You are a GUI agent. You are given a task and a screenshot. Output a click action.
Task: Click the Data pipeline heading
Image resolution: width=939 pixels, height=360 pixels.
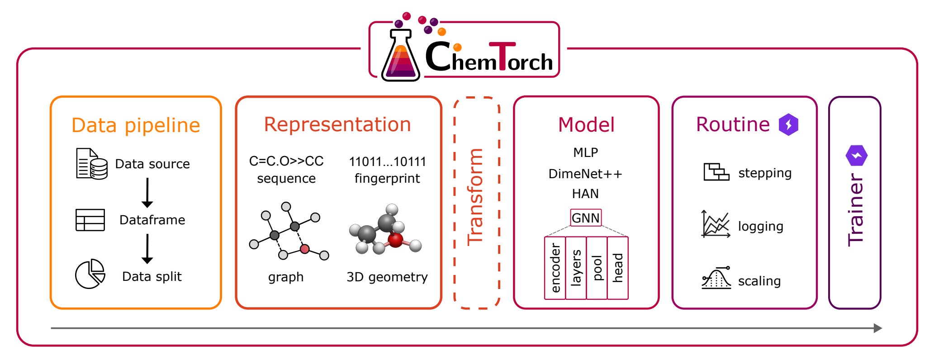(x=136, y=125)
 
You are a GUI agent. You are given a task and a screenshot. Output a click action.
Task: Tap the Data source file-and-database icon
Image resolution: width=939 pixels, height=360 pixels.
(x=91, y=164)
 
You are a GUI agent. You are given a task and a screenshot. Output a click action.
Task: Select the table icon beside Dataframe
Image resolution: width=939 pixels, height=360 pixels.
(x=90, y=220)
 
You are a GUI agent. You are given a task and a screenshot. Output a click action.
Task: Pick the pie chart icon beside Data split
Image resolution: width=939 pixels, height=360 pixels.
(x=90, y=274)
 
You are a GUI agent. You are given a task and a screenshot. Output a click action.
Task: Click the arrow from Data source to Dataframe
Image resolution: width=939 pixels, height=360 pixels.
(x=147, y=193)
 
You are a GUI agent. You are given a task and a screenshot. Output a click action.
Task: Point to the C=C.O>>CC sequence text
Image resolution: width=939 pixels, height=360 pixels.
(x=286, y=161)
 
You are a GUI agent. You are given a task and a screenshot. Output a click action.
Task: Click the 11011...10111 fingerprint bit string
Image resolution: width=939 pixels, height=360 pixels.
(x=387, y=161)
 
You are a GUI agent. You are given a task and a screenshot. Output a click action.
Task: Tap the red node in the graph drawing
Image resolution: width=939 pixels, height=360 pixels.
(x=305, y=249)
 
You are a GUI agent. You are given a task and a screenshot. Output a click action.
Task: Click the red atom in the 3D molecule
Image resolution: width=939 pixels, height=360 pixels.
(x=395, y=240)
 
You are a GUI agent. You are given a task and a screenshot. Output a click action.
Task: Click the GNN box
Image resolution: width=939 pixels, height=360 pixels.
(x=586, y=218)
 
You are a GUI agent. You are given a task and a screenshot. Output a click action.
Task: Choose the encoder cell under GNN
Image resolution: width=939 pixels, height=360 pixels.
(x=555, y=268)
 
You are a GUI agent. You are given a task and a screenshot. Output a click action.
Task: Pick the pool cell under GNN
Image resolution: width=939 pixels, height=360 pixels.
(x=597, y=268)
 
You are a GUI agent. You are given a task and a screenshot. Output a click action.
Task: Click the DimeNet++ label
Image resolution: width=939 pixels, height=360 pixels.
(x=585, y=174)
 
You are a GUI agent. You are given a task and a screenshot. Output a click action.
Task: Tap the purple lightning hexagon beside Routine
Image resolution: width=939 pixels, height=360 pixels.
(x=788, y=124)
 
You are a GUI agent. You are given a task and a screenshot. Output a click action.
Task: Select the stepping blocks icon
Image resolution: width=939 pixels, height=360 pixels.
(x=716, y=172)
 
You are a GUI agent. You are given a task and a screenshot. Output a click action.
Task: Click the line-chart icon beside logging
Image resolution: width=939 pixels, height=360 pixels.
(x=715, y=224)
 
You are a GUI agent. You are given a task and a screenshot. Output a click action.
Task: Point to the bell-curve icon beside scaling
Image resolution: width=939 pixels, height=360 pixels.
(x=716, y=278)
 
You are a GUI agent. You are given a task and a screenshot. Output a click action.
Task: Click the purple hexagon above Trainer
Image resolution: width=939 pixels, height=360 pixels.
(x=856, y=156)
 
